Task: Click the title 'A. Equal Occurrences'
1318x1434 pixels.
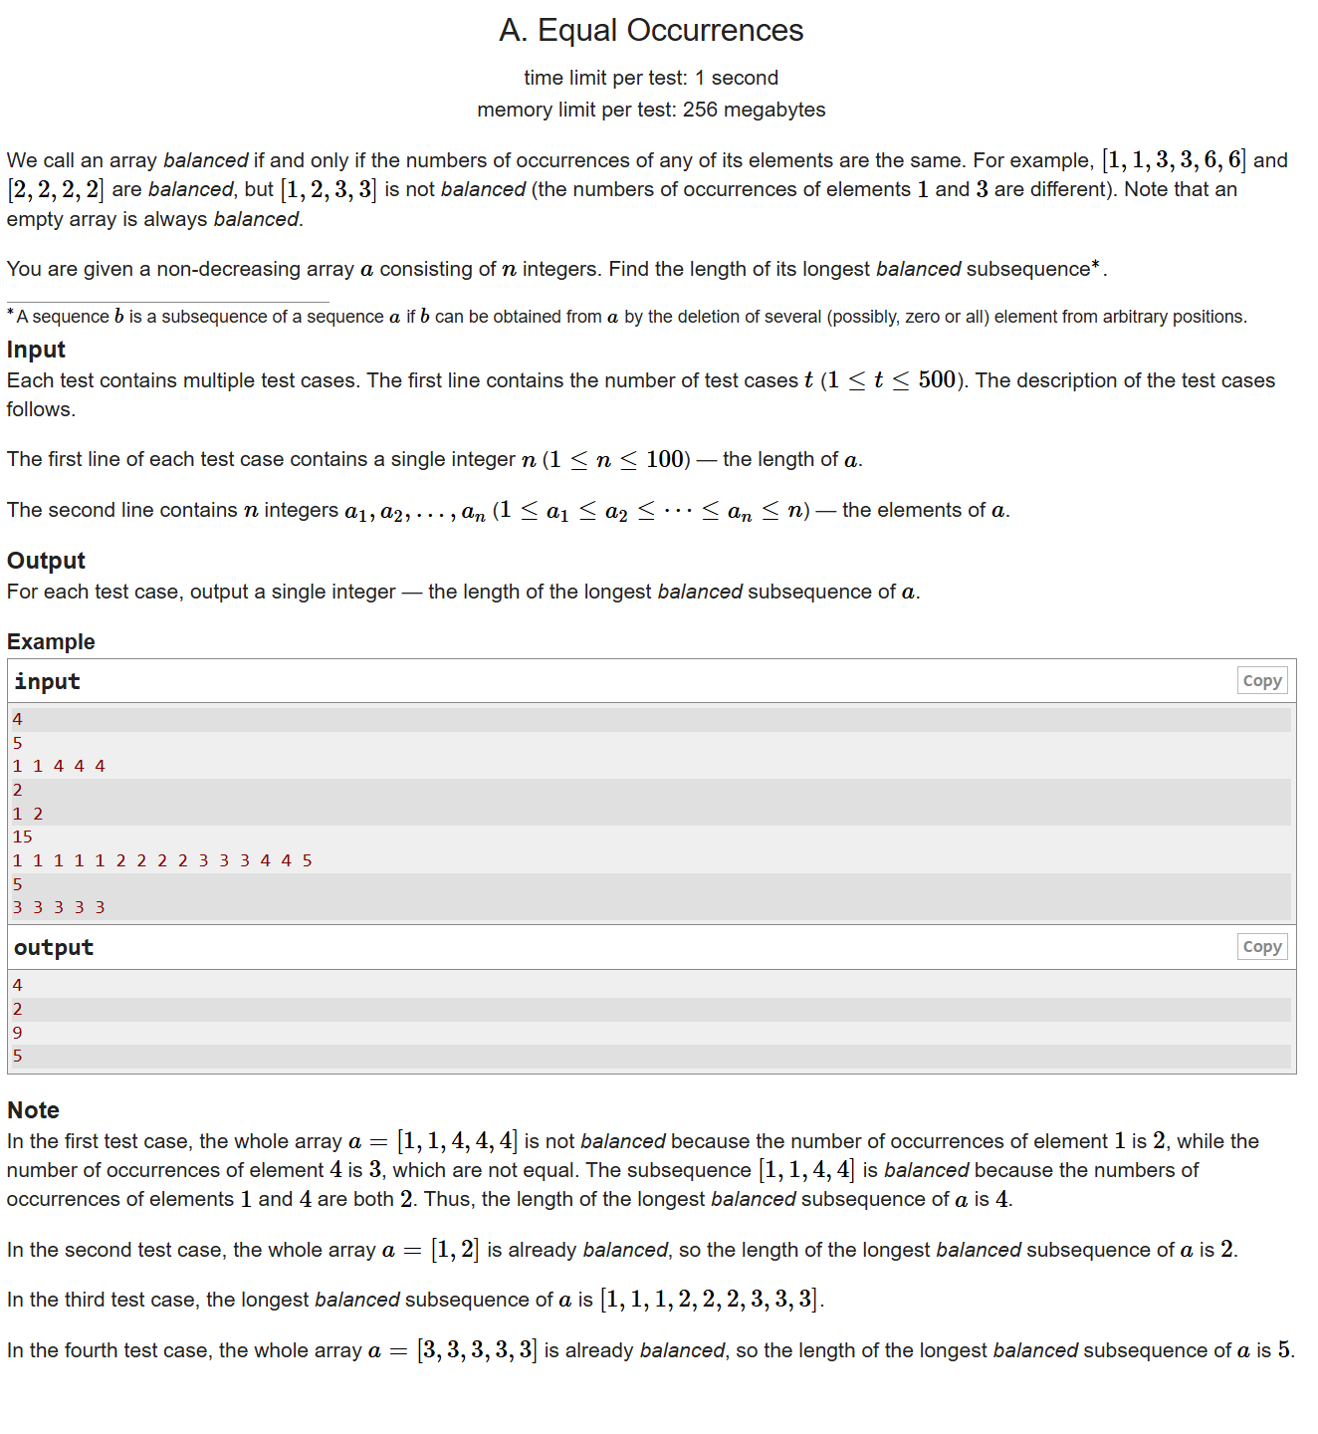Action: pyautogui.click(x=651, y=31)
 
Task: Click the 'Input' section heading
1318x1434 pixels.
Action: pyautogui.click(x=36, y=350)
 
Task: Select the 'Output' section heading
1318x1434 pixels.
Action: pyautogui.click(x=46, y=561)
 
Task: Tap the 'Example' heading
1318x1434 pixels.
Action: pyautogui.click(x=51, y=642)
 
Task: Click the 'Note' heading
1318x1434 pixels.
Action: pyautogui.click(x=33, y=1110)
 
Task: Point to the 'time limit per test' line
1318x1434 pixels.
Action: pyautogui.click(x=651, y=78)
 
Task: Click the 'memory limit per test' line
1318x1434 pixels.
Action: pyautogui.click(x=651, y=110)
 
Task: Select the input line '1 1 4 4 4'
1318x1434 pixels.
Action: pyautogui.click(x=59, y=766)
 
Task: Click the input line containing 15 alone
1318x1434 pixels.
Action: pyautogui.click(x=22, y=836)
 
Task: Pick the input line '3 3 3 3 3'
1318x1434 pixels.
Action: pyautogui.click(x=59, y=907)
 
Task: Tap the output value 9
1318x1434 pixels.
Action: pyautogui.click(x=17, y=1033)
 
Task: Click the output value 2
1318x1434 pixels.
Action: pyautogui.click(x=17, y=1009)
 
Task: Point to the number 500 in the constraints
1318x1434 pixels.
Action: pyautogui.click(x=937, y=380)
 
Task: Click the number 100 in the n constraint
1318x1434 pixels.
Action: pyautogui.click(x=665, y=459)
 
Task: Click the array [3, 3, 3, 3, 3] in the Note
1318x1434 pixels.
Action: pyautogui.click(x=477, y=1350)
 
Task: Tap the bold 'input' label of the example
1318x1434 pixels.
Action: pyautogui.click(x=47, y=681)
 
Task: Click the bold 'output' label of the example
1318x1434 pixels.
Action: pyautogui.click(x=54, y=947)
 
